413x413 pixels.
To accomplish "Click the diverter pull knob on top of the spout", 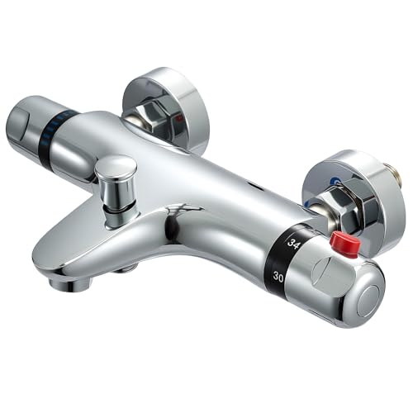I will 116,172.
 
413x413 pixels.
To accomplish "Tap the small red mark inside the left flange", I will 180,119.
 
